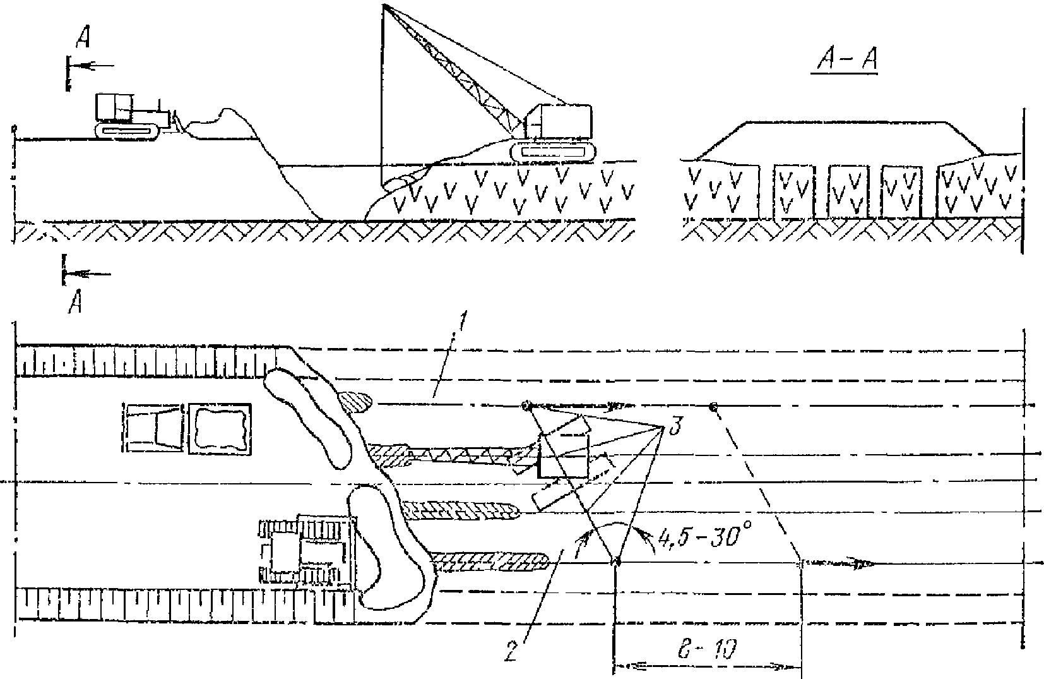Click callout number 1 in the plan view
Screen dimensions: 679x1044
coord(462,327)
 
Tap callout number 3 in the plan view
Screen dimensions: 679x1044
coord(674,428)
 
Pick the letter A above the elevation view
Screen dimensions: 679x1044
coord(82,39)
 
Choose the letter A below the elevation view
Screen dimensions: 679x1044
coord(74,304)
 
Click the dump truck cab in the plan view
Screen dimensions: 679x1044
coord(155,430)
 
